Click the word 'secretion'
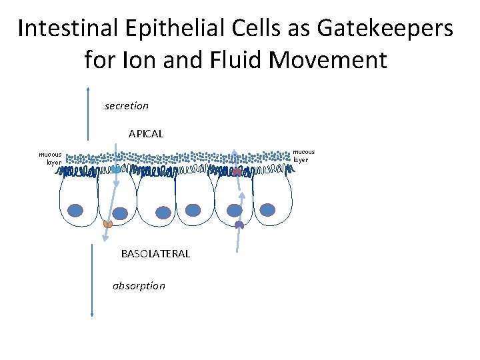coord(127,105)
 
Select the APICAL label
coord(146,133)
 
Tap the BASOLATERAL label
coord(155,253)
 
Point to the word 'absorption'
coord(139,285)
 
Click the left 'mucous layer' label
coord(50,157)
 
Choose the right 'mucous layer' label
coord(304,155)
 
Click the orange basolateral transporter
coord(107,224)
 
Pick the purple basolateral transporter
coord(239,225)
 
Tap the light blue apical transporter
coord(117,170)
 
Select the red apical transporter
coord(237,172)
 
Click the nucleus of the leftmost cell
coord(76,211)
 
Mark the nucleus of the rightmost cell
coord(267,210)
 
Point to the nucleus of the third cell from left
coord(164,212)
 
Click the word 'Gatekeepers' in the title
coord(385,29)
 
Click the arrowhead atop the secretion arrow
coord(88,89)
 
